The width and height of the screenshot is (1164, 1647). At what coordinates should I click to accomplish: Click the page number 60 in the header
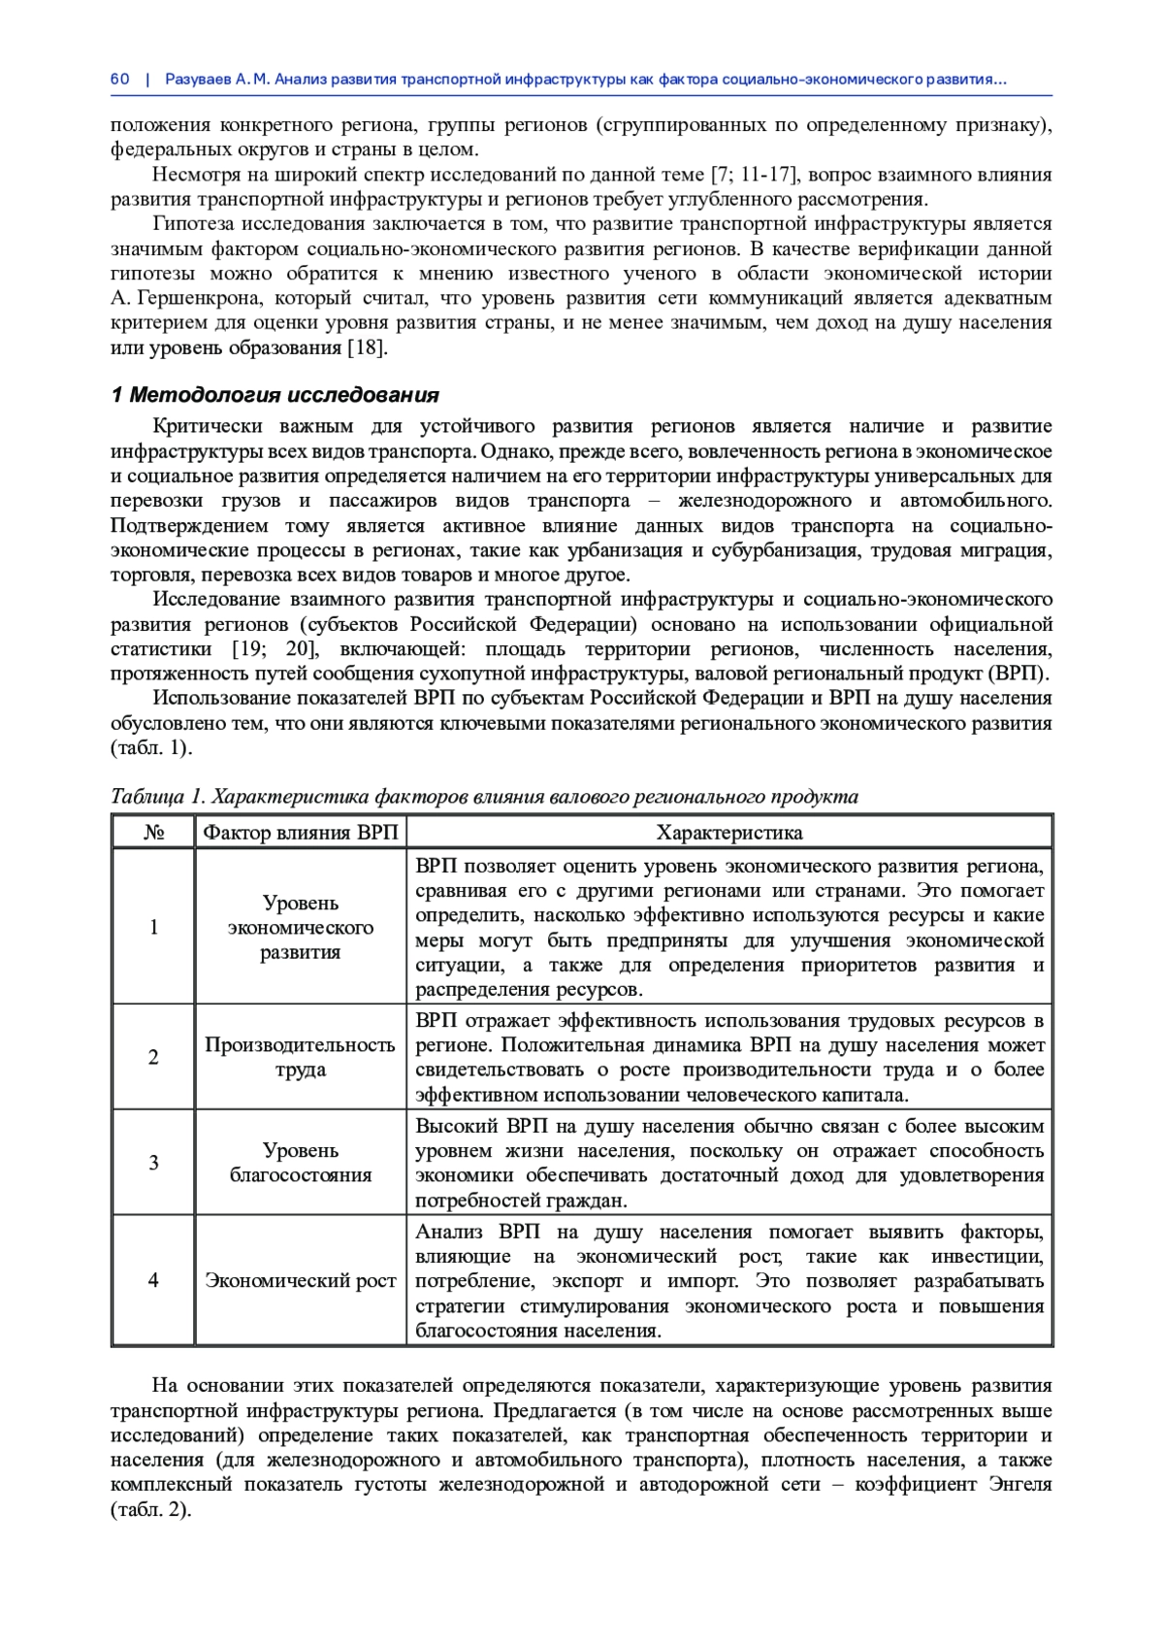(x=119, y=80)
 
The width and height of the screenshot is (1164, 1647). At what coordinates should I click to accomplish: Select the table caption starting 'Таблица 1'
(x=484, y=797)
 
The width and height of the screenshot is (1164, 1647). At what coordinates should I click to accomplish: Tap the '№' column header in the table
(x=153, y=833)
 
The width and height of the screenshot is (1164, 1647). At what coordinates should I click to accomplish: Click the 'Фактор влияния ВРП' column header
(x=300, y=833)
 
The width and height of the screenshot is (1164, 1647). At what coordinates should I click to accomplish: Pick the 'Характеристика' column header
(x=728, y=833)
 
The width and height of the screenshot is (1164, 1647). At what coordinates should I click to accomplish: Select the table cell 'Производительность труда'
(x=300, y=1057)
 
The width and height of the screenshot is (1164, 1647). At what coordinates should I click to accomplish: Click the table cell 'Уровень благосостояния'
(x=300, y=1163)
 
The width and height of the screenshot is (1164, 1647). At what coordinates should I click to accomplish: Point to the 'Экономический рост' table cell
(x=300, y=1281)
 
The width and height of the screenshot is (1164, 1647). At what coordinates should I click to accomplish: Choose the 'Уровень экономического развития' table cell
(x=300, y=927)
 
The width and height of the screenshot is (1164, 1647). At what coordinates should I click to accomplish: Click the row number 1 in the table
(x=153, y=927)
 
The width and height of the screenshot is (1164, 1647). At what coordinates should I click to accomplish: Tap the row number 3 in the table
(x=153, y=1163)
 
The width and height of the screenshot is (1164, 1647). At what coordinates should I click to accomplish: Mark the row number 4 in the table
(x=153, y=1281)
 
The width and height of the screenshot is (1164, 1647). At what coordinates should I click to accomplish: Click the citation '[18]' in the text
(x=367, y=347)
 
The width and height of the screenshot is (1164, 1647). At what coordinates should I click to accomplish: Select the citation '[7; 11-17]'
(x=754, y=175)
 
